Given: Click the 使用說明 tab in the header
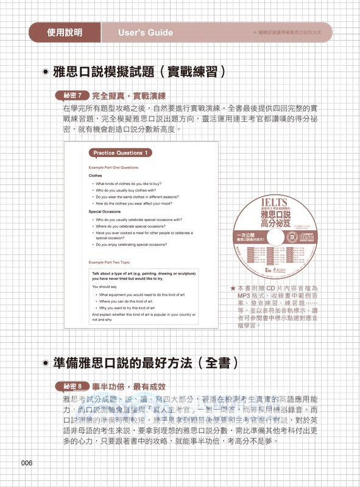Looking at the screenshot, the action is coord(65,32).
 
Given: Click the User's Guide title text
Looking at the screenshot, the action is coord(146,32).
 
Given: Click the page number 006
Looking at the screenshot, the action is coord(26,463).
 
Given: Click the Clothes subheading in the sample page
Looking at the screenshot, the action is coord(96,175).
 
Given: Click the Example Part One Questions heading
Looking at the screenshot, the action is coord(113,167).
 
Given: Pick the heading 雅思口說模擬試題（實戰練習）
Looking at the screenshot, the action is coord(139,72).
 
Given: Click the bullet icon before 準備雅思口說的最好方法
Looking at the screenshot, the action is coord(45,364).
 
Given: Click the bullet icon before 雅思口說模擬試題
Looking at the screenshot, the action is coord(45,72).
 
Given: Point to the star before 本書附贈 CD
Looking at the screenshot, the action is coord(233,288).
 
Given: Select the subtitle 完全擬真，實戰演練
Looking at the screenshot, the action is coord(129,96).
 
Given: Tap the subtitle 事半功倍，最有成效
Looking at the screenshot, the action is coord(129,386).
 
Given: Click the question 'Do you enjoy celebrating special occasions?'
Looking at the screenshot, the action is coord(131,244).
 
